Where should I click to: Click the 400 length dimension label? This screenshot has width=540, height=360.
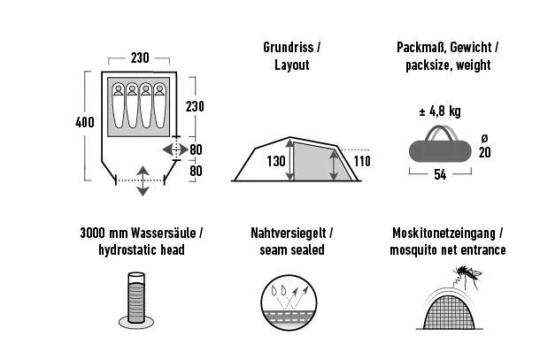(85, 122)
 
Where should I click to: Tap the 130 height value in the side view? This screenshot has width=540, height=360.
(276, 161)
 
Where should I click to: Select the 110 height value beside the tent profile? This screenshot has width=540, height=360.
(362, 161)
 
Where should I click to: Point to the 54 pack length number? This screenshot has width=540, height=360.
(440, 174)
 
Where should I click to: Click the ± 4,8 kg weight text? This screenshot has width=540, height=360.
(440, 111)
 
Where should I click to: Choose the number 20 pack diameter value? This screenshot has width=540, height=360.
(485, 152)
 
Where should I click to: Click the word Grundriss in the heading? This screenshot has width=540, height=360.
(289, 47)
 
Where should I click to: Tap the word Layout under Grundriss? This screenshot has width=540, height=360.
(292, 65)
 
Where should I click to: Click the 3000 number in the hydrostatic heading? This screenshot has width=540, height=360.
(93, 233)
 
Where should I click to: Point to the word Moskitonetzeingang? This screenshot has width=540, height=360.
(444, 233)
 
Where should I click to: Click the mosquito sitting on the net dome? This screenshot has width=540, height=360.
(467, 275)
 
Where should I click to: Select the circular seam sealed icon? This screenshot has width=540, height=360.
(289, 303)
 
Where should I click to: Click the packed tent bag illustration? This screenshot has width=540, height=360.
(440, 145)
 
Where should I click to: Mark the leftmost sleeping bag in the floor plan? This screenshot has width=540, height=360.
(119, 105)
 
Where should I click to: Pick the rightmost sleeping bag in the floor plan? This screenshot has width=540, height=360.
(159, 105)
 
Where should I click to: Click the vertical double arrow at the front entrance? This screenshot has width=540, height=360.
(143, 181)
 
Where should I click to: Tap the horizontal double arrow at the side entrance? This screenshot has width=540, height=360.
(175, 149)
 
